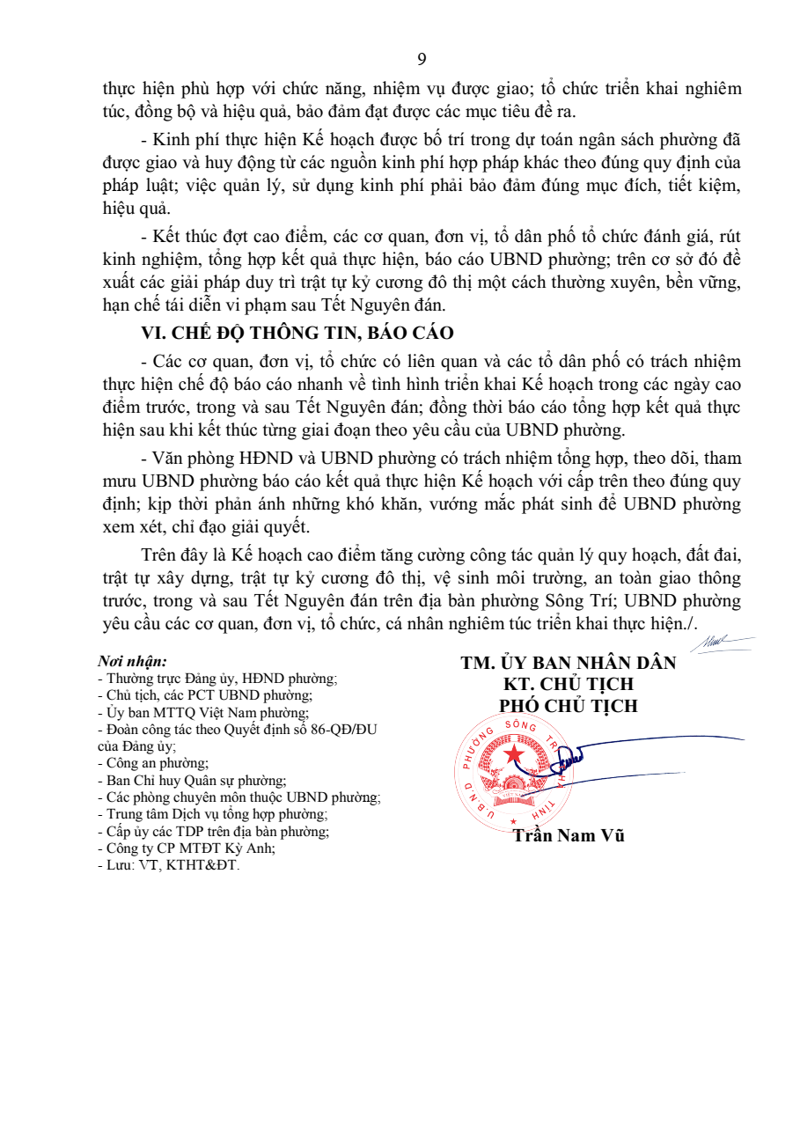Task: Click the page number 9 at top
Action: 422,60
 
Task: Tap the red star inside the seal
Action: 513,756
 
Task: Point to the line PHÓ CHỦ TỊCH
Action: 569,706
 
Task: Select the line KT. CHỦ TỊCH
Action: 569,685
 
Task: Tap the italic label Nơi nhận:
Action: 132,661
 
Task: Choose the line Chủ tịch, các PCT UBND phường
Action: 204,695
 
